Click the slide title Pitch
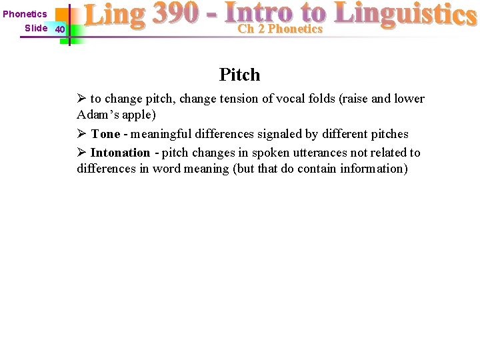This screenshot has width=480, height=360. pos(239,75)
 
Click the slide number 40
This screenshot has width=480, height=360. pos(60,29)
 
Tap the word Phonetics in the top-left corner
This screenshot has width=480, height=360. pos(25,14)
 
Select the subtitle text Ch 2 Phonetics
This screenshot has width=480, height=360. pos(280,29)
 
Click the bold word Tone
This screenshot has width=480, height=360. pos(105,134)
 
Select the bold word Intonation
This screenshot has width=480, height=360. pos(120,153)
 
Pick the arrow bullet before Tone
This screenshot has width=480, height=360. pos(81,134)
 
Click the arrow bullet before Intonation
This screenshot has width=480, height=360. pos(81,153)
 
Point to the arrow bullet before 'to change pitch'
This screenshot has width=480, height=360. pos(81,99)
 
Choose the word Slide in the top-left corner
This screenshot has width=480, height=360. pos(36,28)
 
